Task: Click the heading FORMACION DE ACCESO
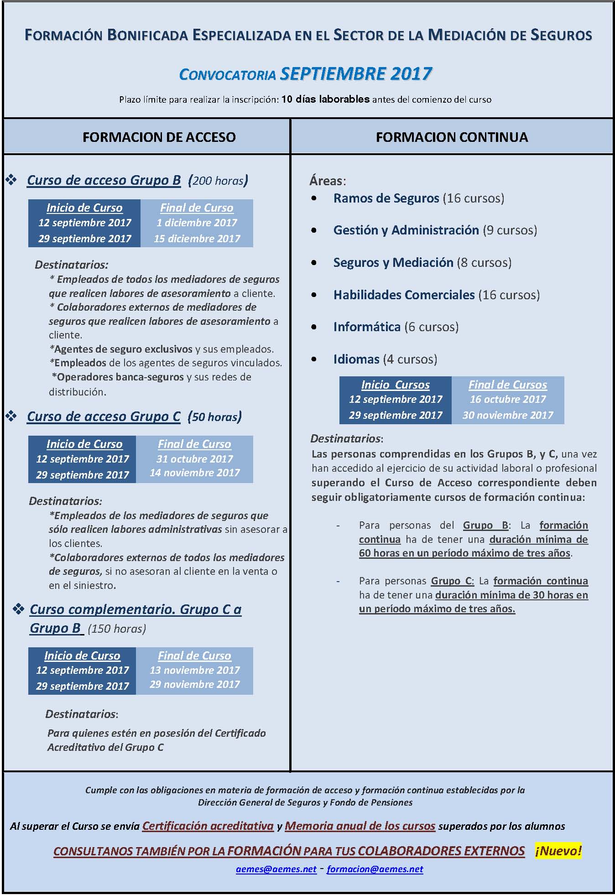click(159, 137)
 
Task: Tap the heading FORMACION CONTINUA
click(452, 137)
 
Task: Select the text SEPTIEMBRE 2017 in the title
click(356, 74)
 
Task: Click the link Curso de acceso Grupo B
click(104, 181)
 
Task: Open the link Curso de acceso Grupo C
click(104, 417)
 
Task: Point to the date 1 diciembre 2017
click(197, 223)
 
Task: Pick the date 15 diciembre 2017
click(197, 239)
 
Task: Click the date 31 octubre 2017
click(194, 459)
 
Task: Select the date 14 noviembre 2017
click(194, 473)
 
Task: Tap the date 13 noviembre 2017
click(194, 670)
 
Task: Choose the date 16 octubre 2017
click(508, 400)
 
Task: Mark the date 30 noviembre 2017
click(508, 415)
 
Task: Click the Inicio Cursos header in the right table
click(395, 385)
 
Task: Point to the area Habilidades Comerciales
click(404, 295)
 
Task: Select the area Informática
click(367, 327)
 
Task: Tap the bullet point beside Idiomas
click(314, 359)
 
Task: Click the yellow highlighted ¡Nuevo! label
click(558, 851)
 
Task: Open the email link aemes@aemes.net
click(276, 869)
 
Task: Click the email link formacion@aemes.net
click(375, 869)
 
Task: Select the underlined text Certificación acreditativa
click(208, 826)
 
